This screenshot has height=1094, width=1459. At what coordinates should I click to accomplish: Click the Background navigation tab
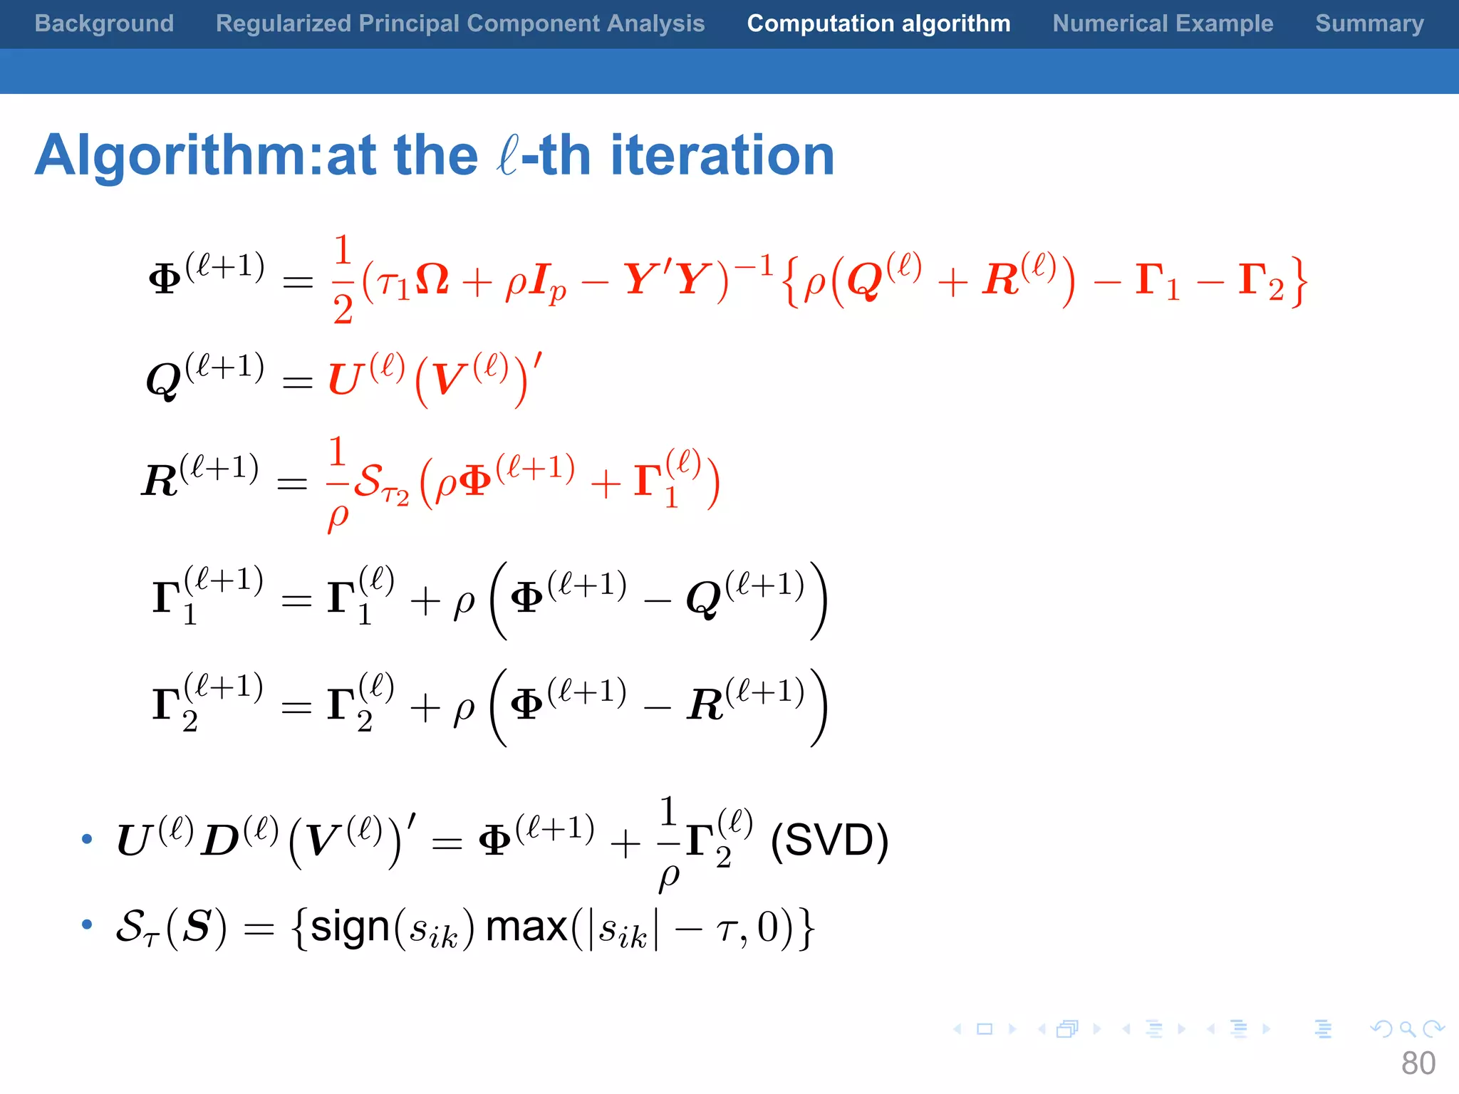pos(104,24)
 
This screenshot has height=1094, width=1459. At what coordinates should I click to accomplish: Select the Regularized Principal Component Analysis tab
pos(460,24)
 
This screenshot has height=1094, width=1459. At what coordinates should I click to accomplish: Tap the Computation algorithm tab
pos(878,24)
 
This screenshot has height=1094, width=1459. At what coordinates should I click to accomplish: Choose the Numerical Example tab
pos(1163,24)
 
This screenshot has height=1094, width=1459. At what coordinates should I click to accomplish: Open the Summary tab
pos(1369,24)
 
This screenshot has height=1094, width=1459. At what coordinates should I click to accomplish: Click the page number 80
pos(1418,1063)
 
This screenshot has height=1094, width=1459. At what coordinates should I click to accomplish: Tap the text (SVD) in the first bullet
pos(829,840)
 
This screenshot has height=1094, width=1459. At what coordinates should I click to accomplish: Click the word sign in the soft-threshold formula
pos(351,927)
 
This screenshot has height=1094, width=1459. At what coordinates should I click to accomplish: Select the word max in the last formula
pos(526,927)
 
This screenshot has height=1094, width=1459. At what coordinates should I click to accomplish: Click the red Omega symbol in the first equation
pos(432,279)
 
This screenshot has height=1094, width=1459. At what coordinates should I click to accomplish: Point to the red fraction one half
pos(343,279)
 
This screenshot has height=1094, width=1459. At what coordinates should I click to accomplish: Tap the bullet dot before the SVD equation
pos(87,839)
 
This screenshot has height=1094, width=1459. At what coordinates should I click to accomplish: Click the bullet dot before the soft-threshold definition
pos(87,924)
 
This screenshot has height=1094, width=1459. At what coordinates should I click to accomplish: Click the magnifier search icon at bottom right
pos(1407,1028)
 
